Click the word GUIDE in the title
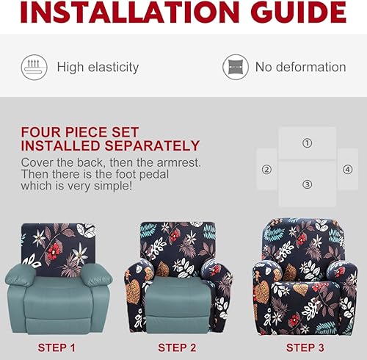coord(299,12)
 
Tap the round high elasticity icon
coord(34,67)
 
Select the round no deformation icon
coord(236,67)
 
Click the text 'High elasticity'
coord(98,68)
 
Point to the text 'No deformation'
coord(300,68)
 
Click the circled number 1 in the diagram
coord(307,143)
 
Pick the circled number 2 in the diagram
coord(266,169)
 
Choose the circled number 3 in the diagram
coord(307,184)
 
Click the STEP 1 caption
coord(57,347)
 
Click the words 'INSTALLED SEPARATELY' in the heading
coord(110,145)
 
